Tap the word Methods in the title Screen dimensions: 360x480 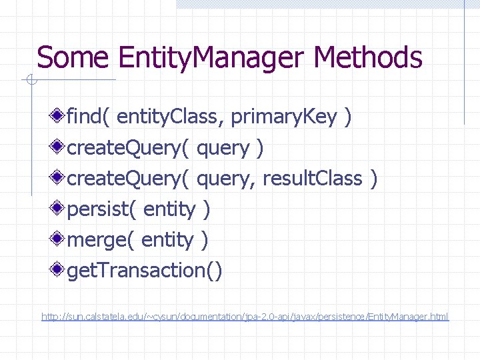(x=368, y=57)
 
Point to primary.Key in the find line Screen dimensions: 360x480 (x=284, y=117)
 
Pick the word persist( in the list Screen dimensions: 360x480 (x=102, y=209)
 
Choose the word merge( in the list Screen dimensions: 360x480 (x=101, y=240)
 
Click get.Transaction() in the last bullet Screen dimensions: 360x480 (x=145, y=271)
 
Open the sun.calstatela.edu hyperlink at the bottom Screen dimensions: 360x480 (x=245, y=316)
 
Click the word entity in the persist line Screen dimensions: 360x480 (x=169, y=209)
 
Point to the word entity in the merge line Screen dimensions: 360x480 (x=168, y=240)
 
